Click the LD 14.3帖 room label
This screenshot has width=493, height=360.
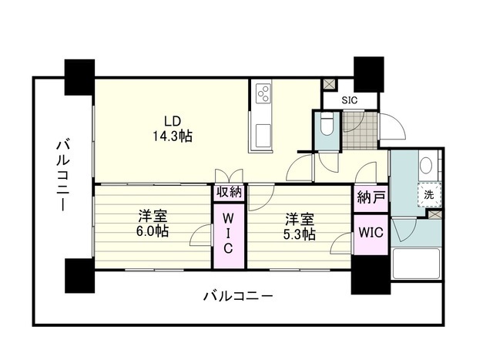click(171, 128)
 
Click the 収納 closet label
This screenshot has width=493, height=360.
click(228, 193)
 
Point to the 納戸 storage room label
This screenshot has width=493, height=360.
click(371, 198)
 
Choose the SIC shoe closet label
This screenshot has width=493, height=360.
click(350, 100)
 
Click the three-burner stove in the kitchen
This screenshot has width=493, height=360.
click(263, 94)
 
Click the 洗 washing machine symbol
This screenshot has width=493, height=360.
click(428, 195)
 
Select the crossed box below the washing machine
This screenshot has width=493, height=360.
click(437, 214)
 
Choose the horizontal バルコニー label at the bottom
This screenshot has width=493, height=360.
click(238, 296)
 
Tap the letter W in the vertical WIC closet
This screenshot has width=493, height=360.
click(228, 219)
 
